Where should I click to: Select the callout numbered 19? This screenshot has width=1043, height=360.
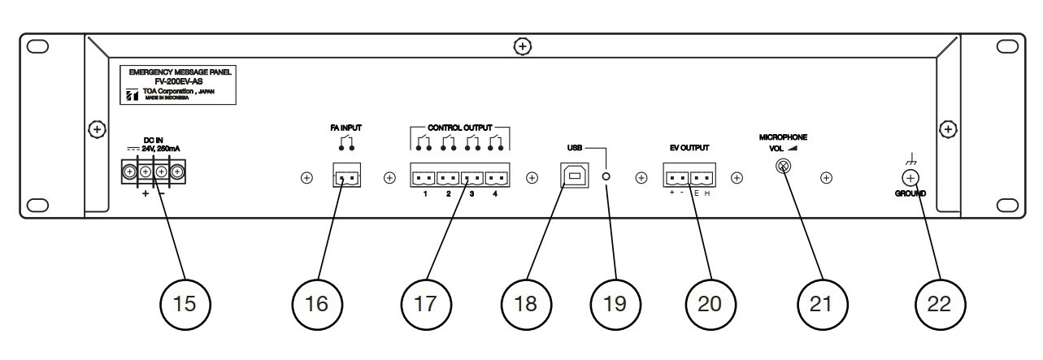[615, 303]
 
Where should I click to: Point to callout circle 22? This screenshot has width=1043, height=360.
[940, 303]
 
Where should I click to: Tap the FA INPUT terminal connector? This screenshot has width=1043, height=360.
[345, 177]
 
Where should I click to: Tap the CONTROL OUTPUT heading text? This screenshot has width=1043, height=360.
[461, 128]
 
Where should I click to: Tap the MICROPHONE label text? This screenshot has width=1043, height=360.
[784, 138]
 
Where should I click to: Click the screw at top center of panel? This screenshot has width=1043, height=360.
[522, 47]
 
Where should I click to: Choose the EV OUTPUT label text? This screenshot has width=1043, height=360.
[691, 148]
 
